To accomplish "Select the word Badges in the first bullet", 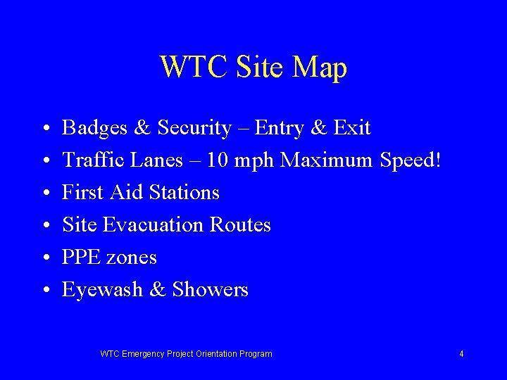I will (95, 128).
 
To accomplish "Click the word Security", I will (194, 129).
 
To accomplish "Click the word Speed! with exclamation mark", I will (410, 161).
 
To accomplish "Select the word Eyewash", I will (103, 290).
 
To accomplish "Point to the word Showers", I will (210, 290).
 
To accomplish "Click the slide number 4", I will (461, 354).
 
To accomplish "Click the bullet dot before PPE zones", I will (44, 258).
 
